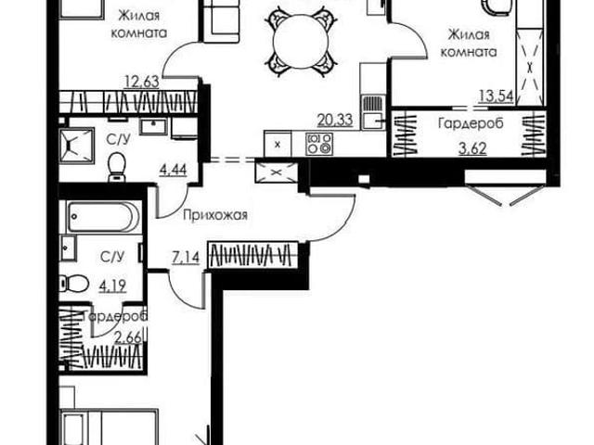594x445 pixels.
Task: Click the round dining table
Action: point(300,41)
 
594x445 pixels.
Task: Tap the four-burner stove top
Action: point(319,144)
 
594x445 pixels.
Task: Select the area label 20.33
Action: point(335,120)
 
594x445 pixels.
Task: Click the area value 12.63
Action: point(142,82)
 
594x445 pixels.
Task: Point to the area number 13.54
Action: point(497,96)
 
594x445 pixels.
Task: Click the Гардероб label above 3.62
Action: point(471,123)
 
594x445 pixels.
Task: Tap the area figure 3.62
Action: point(472,148)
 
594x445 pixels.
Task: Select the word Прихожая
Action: point(215,215)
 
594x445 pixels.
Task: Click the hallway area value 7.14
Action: point(186,258)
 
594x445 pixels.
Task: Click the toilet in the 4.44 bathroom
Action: point(117,167)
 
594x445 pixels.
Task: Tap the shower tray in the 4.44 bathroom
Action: point(77,146)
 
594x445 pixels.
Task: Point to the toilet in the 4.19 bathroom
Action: point(74,283)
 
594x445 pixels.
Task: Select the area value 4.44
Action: point(174,170)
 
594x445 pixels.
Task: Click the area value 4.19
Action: point(112,286)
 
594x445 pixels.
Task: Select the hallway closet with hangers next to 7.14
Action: point(253,255)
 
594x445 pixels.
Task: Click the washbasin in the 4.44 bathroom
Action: point(154,127)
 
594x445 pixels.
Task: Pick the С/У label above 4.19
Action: point(112,258)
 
